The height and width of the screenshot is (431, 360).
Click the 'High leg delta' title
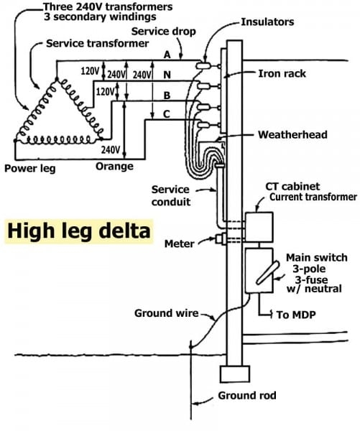79,232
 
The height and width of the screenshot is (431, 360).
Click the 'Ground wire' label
166,313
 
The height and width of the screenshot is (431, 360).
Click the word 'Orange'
114,167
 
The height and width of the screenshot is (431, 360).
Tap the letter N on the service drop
167,74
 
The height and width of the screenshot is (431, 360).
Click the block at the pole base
234,374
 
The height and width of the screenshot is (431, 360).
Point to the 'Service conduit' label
170,195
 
